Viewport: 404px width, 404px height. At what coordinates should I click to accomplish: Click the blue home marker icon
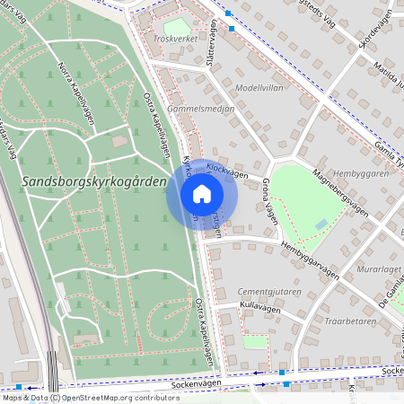pyautogui.click(x=202, y=194)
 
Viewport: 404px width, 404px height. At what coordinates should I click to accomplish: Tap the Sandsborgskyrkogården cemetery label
pyautogui.click(x=92, y=182)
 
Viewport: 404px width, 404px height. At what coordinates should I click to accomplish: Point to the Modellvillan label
pyautogui.click(x=259, y=89)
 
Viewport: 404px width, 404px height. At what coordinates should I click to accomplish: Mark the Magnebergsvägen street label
pyautogui.click(x=341, y=190)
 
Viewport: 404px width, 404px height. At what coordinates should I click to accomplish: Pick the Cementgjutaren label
pyautogui.click(x=268, y=293)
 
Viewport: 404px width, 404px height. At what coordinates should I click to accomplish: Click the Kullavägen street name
pyautogui.click(x=260, y=307)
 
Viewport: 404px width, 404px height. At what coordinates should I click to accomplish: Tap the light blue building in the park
pyautogui.click(x=321, y=224)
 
